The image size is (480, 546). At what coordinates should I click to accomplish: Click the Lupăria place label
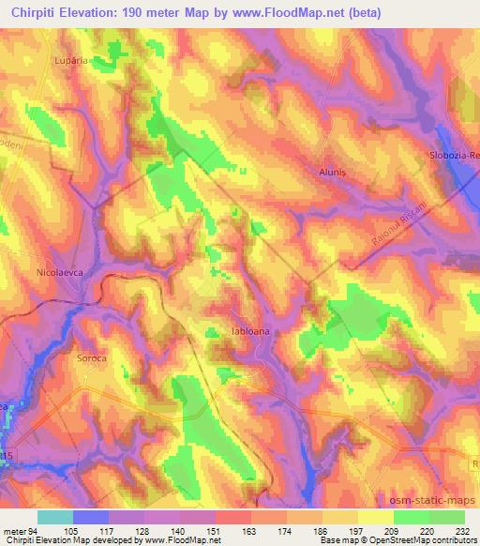coord(70,59)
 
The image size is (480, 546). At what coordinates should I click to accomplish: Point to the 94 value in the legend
coord(38,530)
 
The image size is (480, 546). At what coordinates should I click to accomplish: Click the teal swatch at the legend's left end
coord(55,517)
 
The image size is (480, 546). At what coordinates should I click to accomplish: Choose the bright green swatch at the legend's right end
coord(446,517)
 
